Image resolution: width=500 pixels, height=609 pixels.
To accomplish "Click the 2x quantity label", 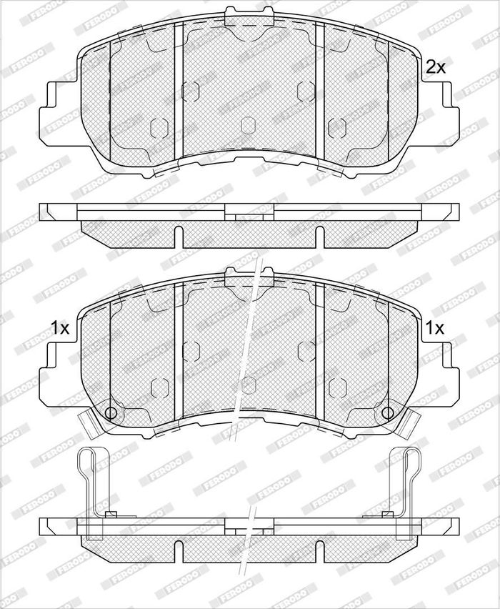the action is click(436, 67).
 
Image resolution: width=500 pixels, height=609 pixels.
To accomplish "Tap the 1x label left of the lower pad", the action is click(60, 328).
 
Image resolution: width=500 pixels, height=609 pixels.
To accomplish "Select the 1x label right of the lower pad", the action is click(435, 328).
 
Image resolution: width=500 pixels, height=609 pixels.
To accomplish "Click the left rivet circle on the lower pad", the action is click(111, 412).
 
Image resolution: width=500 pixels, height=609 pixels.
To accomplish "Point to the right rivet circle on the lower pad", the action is click(387, 412).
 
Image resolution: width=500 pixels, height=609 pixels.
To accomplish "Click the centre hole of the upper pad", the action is click(249, 125).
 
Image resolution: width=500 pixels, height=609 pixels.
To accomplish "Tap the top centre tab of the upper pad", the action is click(249, 12).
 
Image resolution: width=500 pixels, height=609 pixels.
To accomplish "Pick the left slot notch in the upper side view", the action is click(179, 237).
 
